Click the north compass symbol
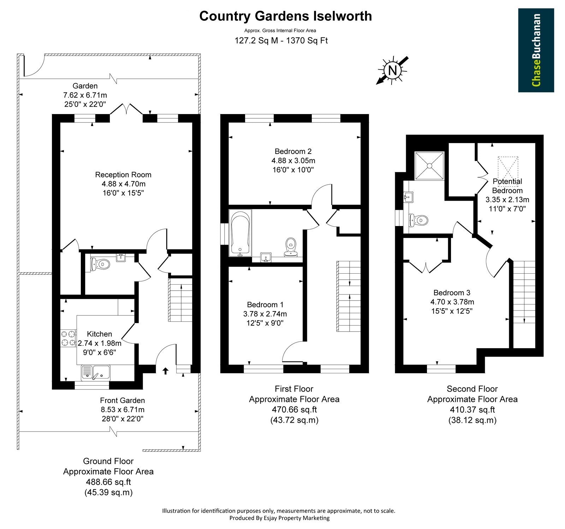[x=392, y=70]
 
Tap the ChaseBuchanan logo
[x=536, y=50]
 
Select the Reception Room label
[x=123, y=174]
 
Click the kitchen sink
[x=96, y=373]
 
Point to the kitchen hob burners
[x=68, y=338]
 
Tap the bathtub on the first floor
[x=241, y=233]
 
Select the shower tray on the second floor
[x=429, y=165]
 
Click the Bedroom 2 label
[x=293, y=151]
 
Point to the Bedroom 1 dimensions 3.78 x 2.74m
[x=265, y=314]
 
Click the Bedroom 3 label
[x=452, y=292]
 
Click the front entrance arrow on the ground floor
[x=165, y=370]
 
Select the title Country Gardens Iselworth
[x=285, y=16]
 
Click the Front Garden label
[x=123, y=400]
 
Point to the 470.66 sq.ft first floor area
[x=294, y=410]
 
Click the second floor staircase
[x=524, y=292]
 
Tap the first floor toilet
[x=291, y=246]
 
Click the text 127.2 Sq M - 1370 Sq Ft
[x=281, y=41]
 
